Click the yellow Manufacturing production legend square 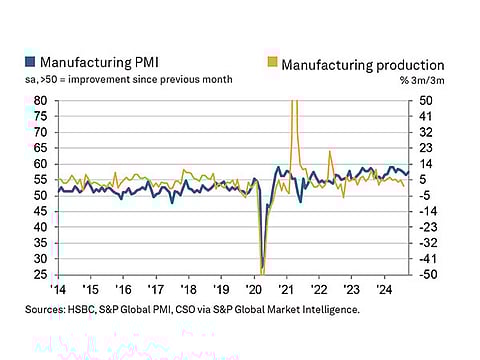pos(272,64)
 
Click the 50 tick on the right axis pos(426,101)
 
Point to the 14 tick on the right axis pos(426,164)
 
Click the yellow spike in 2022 pos(330,152)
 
